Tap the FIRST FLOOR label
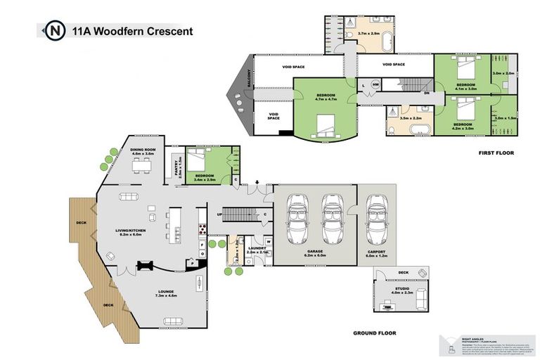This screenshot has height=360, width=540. click(x=496, y=153)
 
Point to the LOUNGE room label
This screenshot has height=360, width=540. click(x=166, y=291)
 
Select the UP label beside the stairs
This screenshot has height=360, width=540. click(x=219, y=215)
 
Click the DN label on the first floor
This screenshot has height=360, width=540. click(x=426, y=92)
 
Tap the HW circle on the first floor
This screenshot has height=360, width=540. click(x=375, y=85)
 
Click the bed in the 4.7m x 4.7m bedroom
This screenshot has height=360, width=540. click(x=326, y=125)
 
